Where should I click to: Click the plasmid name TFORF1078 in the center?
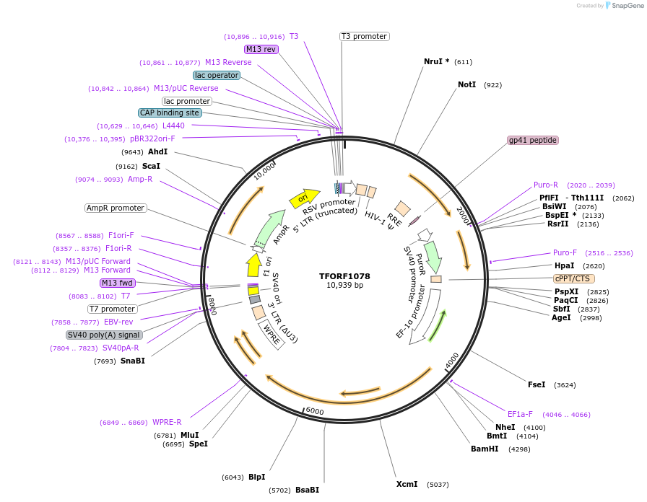click(x=344, y=276)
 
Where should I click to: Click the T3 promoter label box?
click(x=364, y=36)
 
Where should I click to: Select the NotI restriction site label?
click(x=466, y=84)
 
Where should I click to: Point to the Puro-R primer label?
click(x=546, y=185)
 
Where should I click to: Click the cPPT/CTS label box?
click(x=573, y=278)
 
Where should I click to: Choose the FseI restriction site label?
click(x=537, y=384)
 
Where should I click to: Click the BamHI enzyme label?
click(x=485, y=449)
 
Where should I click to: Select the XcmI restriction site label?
click(x=407, y=484)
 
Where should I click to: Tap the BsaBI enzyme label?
click(x=307, y=490)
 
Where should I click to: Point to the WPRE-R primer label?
click(x=167, y=422)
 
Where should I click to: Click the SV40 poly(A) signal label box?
click(x=104, y=335)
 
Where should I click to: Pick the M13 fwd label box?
click(x=118, y=283)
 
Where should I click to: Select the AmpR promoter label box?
click(x=116, y=208)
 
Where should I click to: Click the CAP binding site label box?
click(x=170, y=113)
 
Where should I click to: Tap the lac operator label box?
click(x=217, y=75)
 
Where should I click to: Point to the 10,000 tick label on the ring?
click(x=264, y=172)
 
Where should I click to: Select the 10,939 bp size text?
click(x=344, y=286)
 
